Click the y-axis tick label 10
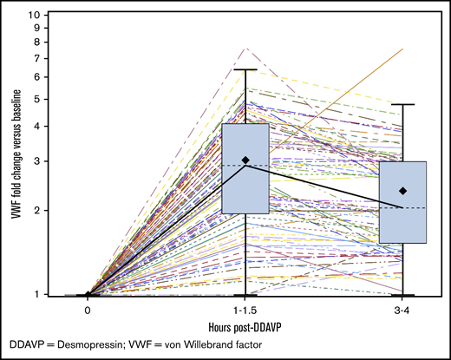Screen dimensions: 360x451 [x=36, y=16]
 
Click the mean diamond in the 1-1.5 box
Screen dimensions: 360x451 [x=246, y=160]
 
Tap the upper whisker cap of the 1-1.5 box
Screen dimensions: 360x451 [x=246, y=69]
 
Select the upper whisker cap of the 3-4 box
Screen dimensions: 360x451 [x=404, y=104]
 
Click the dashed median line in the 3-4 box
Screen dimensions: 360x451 [x=404, y=208]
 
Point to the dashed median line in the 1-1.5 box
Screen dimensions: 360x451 [x=246, y=165]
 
